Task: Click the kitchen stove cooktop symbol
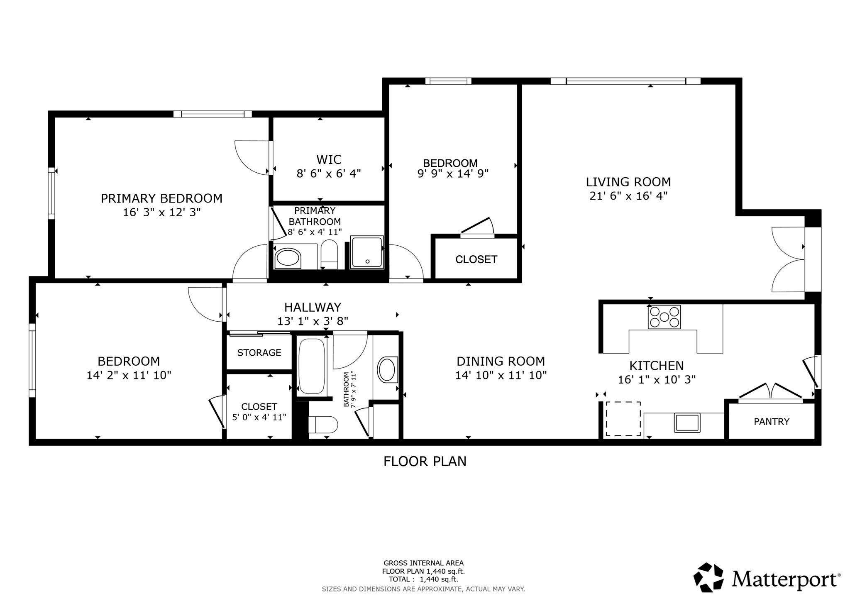tap(664, 317)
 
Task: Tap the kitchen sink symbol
tap(687, 423)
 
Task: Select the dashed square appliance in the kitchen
tap(623, 418)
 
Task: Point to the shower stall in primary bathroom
tap(367, 252)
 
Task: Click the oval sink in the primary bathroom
tap(288, 258)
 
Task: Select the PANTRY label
tap(772, 422)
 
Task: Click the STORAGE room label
tap(259, 353)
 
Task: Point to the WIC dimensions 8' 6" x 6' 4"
tap(329, 173)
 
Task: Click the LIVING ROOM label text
tap(628, 182)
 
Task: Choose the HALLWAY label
tap(313, 307)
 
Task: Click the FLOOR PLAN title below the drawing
tap(425, 461)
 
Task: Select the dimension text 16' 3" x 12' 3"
tap(161, 213)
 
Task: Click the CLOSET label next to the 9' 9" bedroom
tap(476, 259)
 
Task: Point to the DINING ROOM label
tap(501, 361)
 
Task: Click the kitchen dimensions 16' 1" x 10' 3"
tap(657, 379)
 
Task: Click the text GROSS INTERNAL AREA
tap(423, 563)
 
